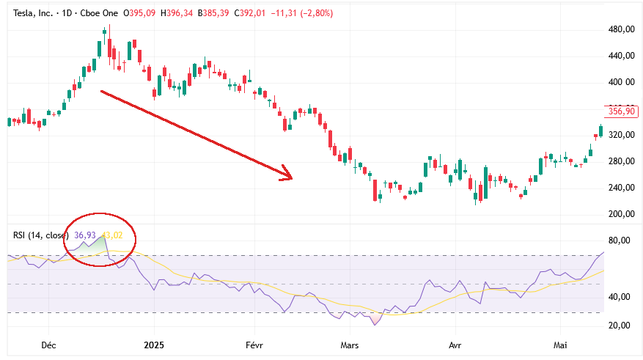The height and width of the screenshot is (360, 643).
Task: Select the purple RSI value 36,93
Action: point(85,235)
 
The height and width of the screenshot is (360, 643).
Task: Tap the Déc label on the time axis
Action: point(48,345)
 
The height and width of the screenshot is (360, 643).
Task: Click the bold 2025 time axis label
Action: point(154,345)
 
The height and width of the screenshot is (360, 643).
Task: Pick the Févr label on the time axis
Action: point(254,345)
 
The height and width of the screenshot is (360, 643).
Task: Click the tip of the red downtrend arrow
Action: point(292,178)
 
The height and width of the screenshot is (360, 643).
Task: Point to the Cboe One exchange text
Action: point(99,13)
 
